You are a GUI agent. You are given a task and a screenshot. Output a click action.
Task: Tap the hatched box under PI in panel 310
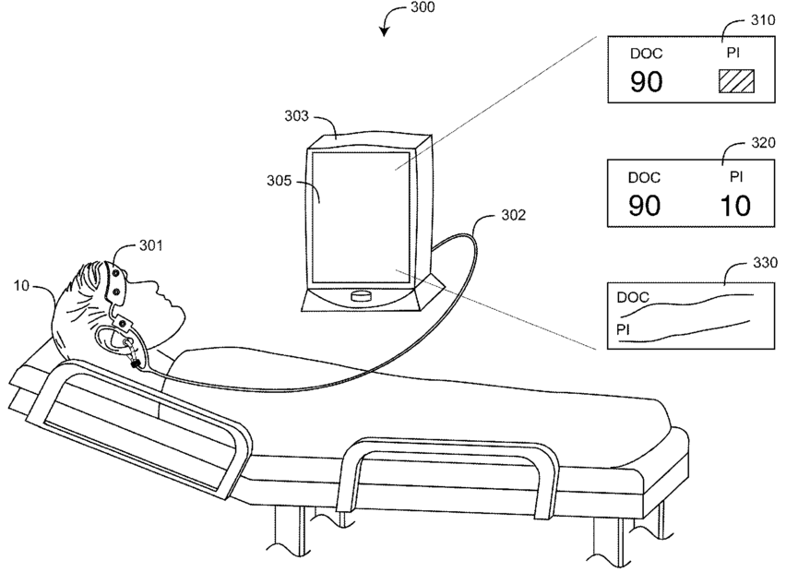point(735,81)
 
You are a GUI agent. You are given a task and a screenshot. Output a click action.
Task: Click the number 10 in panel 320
point(734,205)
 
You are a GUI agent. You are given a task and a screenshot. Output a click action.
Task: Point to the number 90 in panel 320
point(646,205)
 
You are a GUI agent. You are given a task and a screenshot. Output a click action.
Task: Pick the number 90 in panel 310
point(646,82)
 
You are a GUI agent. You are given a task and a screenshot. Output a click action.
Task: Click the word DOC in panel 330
point(633,297)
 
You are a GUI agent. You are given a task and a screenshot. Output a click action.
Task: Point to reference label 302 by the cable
point(513,215)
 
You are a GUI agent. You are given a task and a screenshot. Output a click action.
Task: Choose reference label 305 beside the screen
point(294,182)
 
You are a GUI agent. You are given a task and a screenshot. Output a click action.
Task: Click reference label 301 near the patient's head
point(151,245)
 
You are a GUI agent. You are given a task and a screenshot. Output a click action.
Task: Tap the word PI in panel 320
point(735,174)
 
